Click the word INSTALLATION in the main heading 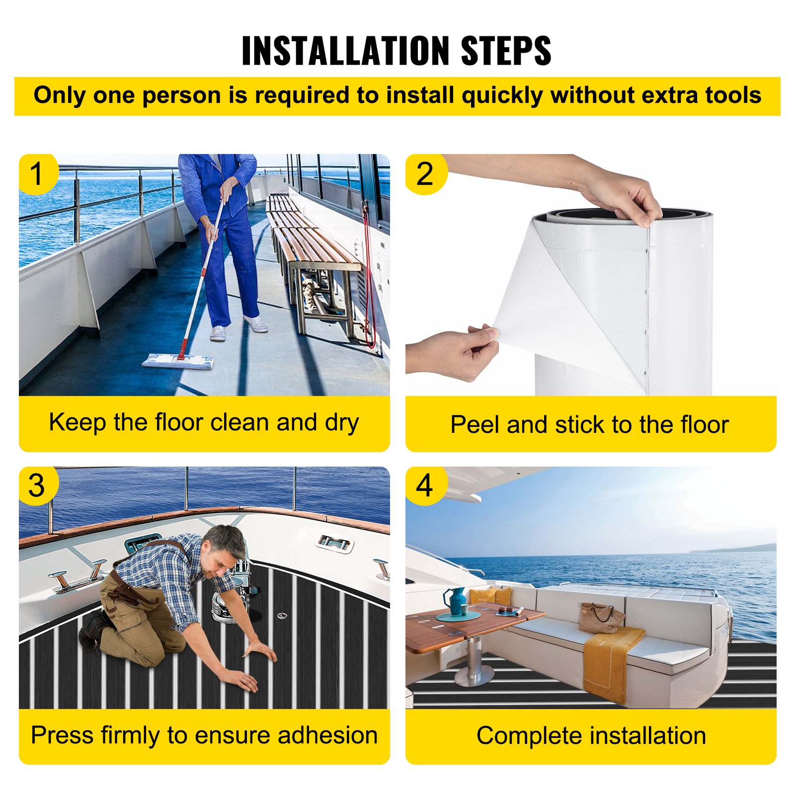point(347,51)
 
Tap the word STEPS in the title point(506,51)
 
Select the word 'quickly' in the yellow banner point(502,96)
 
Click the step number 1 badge point(38,174)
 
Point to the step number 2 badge point(425,174)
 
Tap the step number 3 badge point(38,485)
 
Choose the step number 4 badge point(425,485)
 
